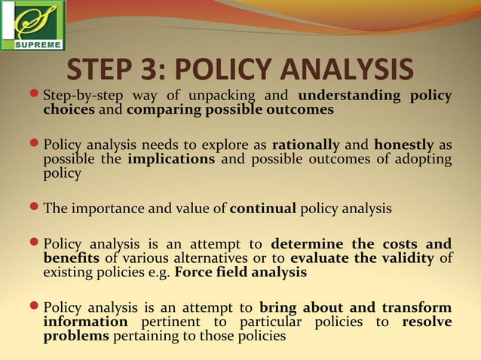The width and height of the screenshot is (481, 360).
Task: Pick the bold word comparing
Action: tap(157, 109)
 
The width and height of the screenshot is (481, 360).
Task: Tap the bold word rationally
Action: tap(305, 145)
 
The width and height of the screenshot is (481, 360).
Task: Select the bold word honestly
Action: tap(404, 145)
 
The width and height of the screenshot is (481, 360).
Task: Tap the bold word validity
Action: tap(406, 258)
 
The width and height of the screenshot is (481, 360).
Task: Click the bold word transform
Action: tap(417, 307)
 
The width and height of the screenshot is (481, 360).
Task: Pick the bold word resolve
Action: tap(427, 322)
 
